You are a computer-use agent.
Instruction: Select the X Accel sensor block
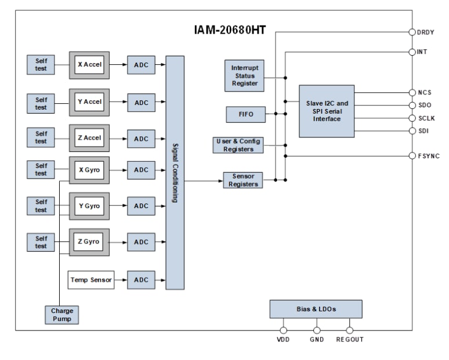(89, 65)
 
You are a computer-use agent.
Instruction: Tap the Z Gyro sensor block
(89, 241)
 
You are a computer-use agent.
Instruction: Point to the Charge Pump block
(61, 314)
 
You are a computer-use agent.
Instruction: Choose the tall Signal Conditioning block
(175, 172)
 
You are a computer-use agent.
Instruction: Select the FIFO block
(245, 115)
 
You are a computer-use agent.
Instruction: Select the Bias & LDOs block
(316, 309)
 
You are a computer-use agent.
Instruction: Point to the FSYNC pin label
(429, 156)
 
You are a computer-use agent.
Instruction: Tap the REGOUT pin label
(350, 340)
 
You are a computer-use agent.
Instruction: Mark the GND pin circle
(317, 331)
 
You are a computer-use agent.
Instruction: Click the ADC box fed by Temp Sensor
(142, 280)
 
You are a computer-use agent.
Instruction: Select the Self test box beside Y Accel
(41, 102)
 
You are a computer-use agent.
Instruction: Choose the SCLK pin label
(427, 118)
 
